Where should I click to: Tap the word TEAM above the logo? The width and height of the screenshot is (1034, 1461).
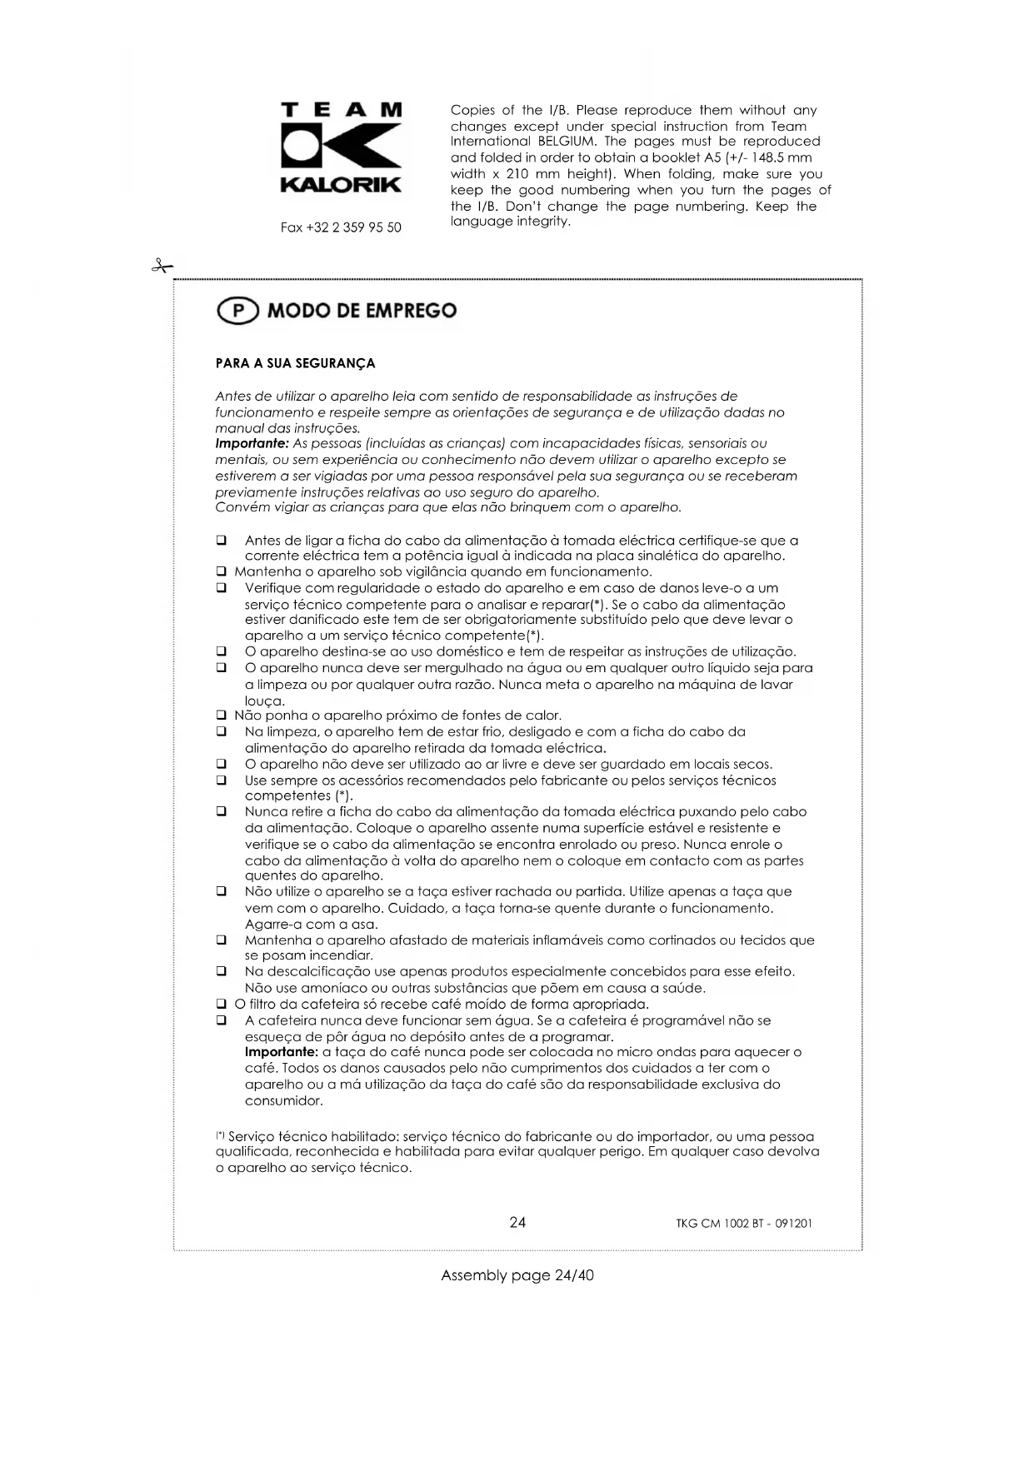(x=342, y=110)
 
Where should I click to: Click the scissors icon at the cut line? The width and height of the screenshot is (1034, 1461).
(x=162, y=267)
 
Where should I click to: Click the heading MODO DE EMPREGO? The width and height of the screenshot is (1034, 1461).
(x=362, y=311)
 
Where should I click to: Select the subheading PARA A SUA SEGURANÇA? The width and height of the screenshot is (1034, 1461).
(x=295, y=363)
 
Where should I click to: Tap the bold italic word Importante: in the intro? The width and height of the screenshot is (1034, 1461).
(x=252, y=444)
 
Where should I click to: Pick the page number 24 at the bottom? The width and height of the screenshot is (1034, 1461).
(x=517, y=1222)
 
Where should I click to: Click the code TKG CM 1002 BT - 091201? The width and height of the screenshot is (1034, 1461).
(x=744, y=1224)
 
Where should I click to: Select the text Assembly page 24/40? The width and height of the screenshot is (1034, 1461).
(x=517, y=1275)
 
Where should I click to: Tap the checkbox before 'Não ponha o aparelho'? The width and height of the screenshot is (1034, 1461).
(x=222, y=716)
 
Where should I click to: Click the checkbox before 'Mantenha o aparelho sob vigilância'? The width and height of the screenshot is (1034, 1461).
(x=222, y=572)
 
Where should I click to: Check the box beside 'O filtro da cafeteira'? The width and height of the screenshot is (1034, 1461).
(x=222, y=1005)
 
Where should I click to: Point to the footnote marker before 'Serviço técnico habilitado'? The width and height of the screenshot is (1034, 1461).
(x=220, y=1134)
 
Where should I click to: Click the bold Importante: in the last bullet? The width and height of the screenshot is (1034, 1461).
(x=276, y=1053)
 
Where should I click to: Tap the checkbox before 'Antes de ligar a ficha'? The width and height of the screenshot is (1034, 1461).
(x=222, y=541)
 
